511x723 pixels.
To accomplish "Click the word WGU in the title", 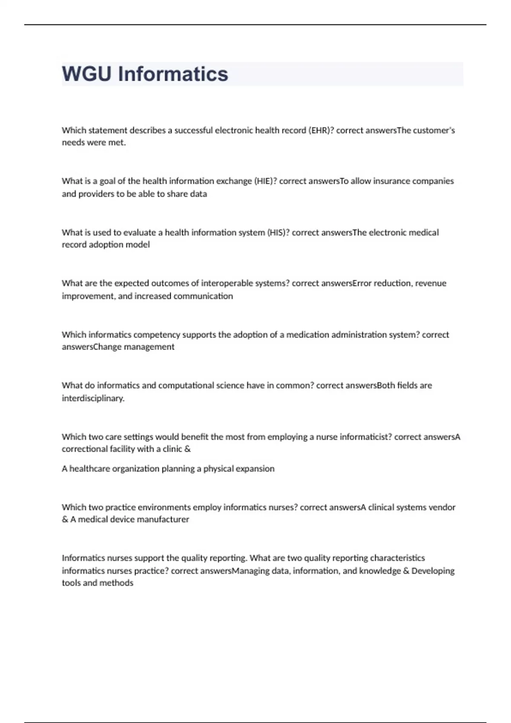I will pos(87,74).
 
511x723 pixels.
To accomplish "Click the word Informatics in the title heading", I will pos(173,74).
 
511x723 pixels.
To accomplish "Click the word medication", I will pos(307,335).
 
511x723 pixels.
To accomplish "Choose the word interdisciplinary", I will pos(93,399).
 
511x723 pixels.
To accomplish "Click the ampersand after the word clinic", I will pos(188,449).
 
